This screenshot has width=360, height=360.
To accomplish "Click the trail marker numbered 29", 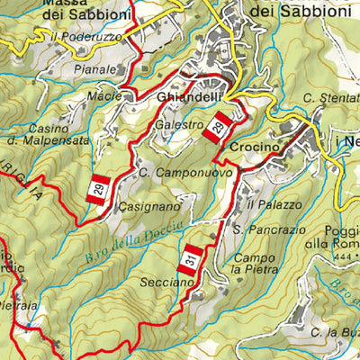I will (100, 188).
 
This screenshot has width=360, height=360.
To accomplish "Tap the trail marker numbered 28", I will (218, 127).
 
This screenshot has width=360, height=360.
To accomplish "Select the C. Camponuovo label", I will (186, 172).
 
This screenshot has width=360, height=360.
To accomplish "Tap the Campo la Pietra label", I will (255, 263).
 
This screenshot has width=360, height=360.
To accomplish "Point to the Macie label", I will (105, 95).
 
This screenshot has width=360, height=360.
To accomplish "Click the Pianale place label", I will (95, 69).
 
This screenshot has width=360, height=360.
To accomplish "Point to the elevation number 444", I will (315, 257).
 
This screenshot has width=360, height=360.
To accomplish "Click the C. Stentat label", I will (330, 97).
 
